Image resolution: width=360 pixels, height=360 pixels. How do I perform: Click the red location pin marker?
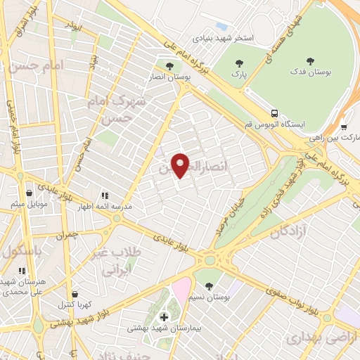point(181,165)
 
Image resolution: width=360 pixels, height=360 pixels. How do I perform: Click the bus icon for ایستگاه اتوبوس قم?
point(274,112)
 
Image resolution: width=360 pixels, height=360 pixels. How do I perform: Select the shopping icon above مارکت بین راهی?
point(344,127)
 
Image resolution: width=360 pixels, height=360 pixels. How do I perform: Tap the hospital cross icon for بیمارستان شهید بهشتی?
point(164,317)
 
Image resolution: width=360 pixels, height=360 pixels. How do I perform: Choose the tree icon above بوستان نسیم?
point(209,285)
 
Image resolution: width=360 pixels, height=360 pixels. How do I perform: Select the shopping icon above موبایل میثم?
point(29,193)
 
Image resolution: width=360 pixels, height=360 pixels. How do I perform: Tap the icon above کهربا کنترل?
point(74,294)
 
